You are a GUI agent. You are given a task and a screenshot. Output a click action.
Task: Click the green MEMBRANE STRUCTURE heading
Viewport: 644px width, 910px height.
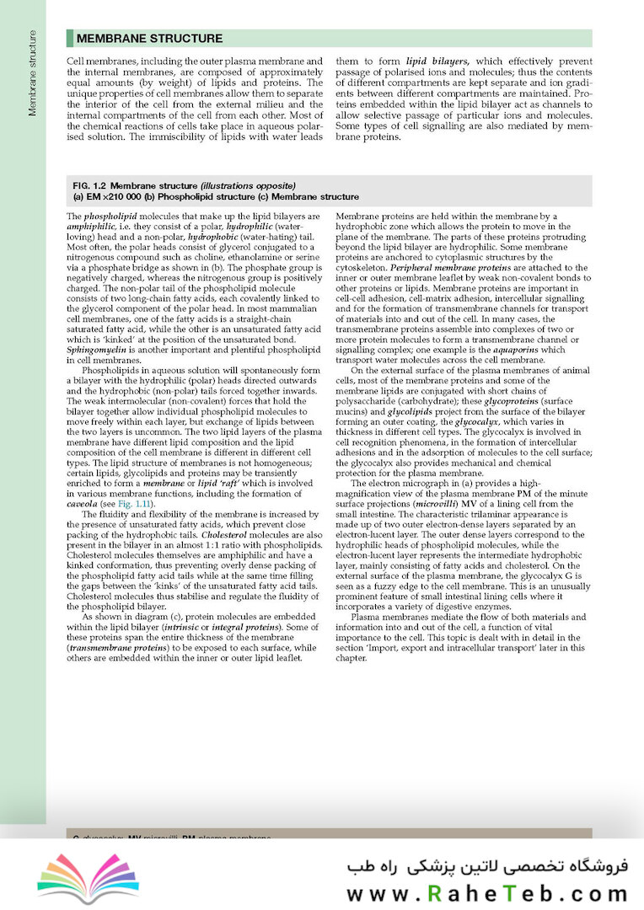coord(149,39)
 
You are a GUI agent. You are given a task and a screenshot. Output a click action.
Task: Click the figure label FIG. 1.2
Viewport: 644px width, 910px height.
coord(90,185)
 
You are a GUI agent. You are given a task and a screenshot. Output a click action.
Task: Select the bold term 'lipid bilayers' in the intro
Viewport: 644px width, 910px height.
coord(437,62)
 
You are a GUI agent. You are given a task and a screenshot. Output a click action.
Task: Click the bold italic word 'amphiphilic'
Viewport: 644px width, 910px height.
coord(89,226)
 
